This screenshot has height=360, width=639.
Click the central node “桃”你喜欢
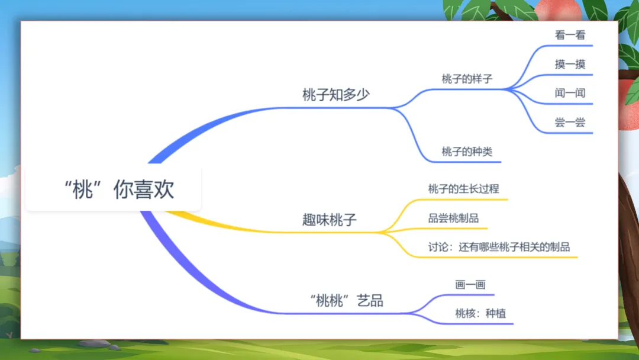pyautogui.click(x=118, y=189)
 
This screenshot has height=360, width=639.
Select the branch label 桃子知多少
pyautogui.click(x=335, y=95)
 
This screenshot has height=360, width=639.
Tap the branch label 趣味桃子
pyautogui.click(x=330, y=221)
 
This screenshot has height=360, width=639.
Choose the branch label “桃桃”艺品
pyautogui.click(x=347, y=300)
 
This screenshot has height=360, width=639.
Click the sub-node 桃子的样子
pyautogui.click(x=467, y=79)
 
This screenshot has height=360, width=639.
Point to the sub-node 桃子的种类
pyautogui.click(x=467, y=152)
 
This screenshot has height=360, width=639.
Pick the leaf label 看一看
pyautogui.click(x=570, y=35)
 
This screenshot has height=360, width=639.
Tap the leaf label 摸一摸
pyautogui.click(x=570, y=64)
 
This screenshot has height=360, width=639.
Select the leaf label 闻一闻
pyautogui.click(x=570, y=93)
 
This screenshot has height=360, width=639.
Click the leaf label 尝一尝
pyautogui.click(x=570, y=123)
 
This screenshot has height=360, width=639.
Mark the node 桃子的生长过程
pyautogui.click(x=463, y=189)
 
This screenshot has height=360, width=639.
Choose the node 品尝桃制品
pyautogui.click(x=453, y=218)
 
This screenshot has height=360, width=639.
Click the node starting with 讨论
pyautogui.click(x=499, y=247)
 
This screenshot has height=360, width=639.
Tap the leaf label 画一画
pyautogui.click(x=470, y=285)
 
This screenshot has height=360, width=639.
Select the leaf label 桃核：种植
pyautogui.click(x=480, y=314)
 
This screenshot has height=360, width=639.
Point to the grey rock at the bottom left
pyautogui.click(x=94, y=343)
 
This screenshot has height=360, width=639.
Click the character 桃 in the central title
pyautogui.click(x=83, y=189)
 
